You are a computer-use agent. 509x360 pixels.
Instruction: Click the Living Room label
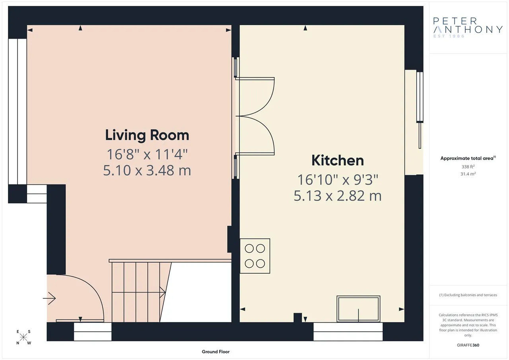point(147,136)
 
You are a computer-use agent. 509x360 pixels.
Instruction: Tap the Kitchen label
point(338,160)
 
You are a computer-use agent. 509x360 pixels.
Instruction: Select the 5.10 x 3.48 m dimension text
point(147,171)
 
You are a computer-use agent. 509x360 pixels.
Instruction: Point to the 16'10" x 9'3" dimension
point(338,179)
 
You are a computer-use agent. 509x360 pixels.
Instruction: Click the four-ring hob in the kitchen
point(255,256)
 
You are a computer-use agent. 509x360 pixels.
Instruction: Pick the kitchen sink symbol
point(358,309)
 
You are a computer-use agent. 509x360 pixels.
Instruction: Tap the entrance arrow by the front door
point(49,298)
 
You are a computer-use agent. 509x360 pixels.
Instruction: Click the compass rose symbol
point(23,337)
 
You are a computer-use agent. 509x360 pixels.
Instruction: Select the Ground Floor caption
point(216,352)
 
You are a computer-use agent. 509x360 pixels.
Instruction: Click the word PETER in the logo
point(456,21)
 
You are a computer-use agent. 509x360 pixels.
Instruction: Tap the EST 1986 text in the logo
point(449,36)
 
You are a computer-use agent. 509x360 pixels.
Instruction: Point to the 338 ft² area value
point(468,167)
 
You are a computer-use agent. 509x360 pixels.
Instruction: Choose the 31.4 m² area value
point(468,174)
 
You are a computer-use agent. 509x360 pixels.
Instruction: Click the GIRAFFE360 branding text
point(468,345)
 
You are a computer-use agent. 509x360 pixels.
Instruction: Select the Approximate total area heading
point(468,158)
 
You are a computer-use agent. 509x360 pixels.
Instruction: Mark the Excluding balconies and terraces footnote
point(468,295)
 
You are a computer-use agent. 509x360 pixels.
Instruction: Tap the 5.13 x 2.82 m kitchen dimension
point(338,196)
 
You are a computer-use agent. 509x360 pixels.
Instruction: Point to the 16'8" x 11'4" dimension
point(147,154)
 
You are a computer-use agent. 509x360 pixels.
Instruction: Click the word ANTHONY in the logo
point(468,29)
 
